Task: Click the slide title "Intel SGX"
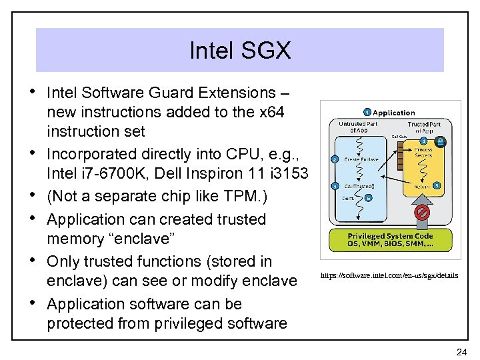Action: pos(239,50)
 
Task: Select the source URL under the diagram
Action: pos(389,275)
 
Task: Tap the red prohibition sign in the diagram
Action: pos(421,213)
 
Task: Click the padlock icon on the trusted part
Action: pos(441,142)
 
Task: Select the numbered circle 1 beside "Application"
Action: pos(367,112)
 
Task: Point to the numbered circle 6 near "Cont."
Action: pos(369,198)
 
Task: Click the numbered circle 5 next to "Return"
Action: pos(437,186)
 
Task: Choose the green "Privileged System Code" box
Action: pos(390,240)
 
